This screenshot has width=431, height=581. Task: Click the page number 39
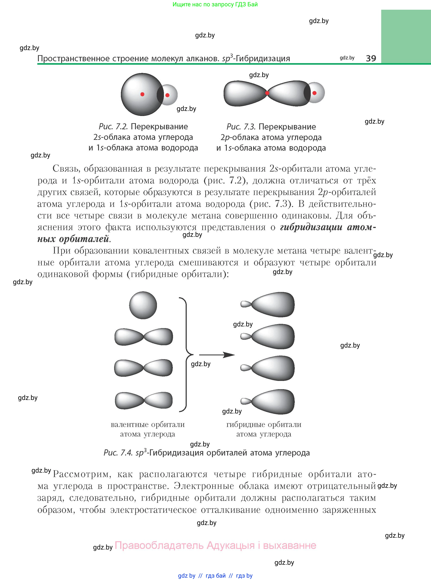pos(371,58)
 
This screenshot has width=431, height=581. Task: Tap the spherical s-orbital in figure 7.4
pos(143,305)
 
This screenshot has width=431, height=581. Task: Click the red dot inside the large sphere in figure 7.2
pos(142,94)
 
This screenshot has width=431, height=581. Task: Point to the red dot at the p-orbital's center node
pos(267,93)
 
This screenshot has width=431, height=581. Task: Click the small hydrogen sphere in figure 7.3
pos(316,93)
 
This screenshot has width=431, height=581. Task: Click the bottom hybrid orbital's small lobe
pos(245,401)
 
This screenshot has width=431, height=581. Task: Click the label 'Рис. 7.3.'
pos(241,127)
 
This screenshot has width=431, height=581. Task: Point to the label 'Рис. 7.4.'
pos(118,453)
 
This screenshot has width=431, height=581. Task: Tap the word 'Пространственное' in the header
pos(73,59)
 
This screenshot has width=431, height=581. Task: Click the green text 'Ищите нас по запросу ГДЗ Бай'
pos(215,4)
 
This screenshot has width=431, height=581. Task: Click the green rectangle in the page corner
pos(406,37)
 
